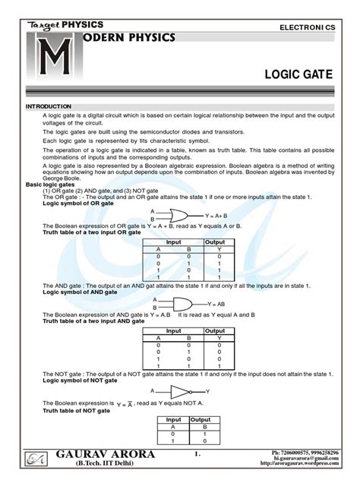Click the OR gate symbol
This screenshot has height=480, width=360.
tap(178, 214)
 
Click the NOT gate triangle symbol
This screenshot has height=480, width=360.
tap(179, 391)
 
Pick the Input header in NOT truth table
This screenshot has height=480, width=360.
tap(173, 419)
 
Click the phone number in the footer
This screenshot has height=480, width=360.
tap(311, 453)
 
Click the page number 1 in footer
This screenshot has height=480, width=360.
tap(196, 456)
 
